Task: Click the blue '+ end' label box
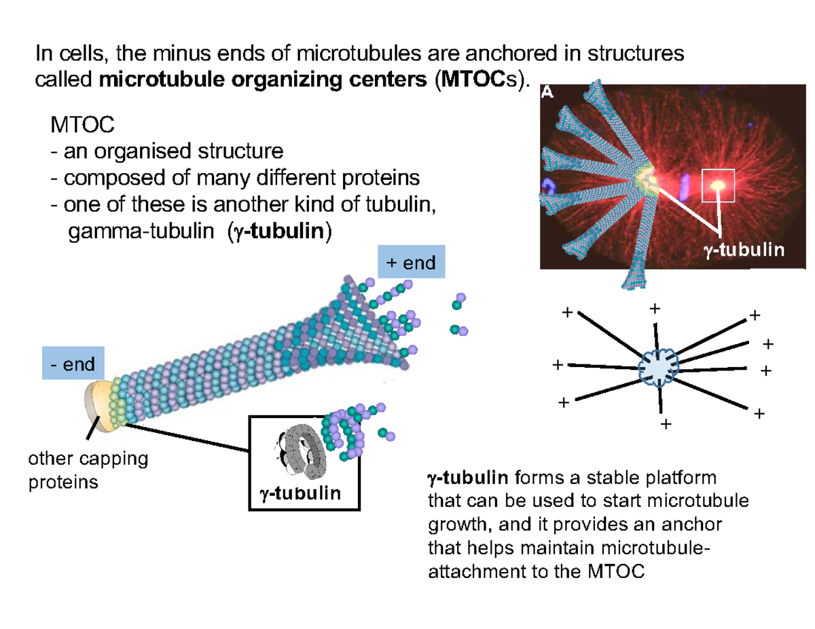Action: click(411, 262)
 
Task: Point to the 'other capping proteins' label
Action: click(88, 470)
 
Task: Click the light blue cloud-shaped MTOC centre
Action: click(659, 368)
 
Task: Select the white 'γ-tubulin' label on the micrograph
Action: click(743, 250)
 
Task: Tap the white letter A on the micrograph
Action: click(546, 94)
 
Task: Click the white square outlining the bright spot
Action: click(719, 185)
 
